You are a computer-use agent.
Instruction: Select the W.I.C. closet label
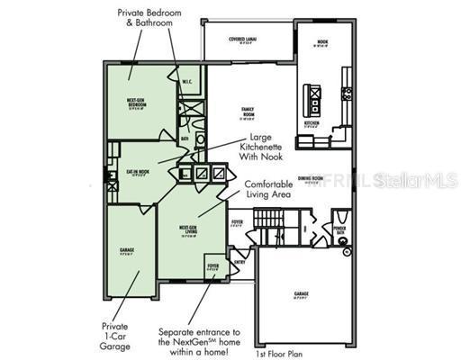pyautogui.click(x=186, y=83)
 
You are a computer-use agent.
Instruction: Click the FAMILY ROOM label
pyautogui.click(x=247, y=112)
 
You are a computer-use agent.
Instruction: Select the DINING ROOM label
pyautogui.click(x=311, y=179)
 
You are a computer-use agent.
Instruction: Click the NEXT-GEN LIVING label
pyautogui.click(x=188, y=230)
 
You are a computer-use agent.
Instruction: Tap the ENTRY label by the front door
pyautogui.click(x=240, y=262)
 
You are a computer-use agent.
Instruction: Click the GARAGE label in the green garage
pyautogui.click(x=127, y=251)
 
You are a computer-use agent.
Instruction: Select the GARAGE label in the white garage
pyautogui.click(x=301, y=293)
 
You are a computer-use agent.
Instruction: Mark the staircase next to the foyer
pyautogui.click(x=271, y=221)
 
